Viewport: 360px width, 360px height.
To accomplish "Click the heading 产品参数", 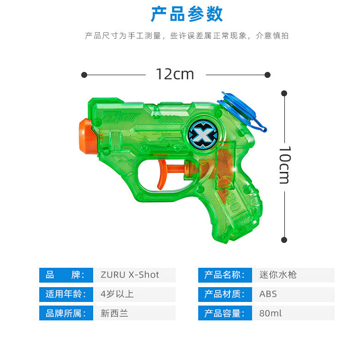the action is click(x=187, y=14).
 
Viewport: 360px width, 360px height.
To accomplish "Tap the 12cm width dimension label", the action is click(x=175, y=74).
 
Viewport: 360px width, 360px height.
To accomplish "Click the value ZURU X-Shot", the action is click(x=130, y=275).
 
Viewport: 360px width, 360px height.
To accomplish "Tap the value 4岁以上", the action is click(x=117, y=294).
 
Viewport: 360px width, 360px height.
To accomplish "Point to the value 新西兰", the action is click(x=114, y=313).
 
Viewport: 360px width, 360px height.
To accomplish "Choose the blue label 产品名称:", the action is click(x=225, y=275).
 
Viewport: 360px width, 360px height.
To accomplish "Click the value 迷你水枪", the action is click(x=278, y=275).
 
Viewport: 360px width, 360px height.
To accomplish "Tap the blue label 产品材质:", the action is click(x=225, y=294).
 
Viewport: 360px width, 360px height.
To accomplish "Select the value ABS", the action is click(x=268, y=294).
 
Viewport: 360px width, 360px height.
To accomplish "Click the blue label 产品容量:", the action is click(x=225, y=313).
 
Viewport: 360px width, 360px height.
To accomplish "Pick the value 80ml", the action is click(x=270, y=313).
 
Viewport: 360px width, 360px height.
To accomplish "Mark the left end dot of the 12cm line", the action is click(x=84, y=75).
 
